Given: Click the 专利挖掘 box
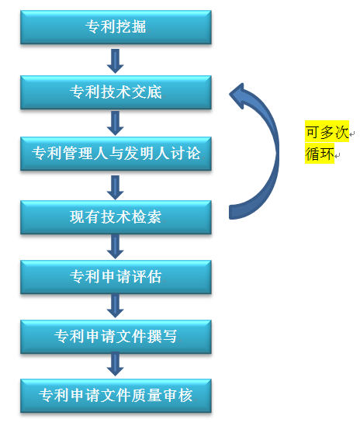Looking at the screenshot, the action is click(116, 27).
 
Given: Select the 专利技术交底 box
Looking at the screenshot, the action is click(116, 92).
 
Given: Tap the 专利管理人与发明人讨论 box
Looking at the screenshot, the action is click(116, 154).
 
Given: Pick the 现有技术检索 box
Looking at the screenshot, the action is click(116, 217).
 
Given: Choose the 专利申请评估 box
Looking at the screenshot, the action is click(116, 277).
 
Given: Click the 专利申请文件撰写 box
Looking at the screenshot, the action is click(116, 337).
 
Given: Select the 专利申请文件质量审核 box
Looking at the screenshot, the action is click(116, 396).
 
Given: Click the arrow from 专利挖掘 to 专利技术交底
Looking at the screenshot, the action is click(115, 61).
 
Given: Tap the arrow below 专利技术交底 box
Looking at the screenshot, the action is click(115, 123).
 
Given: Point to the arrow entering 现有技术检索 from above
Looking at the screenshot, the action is click(115, 188).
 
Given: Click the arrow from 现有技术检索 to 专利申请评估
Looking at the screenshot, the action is click(115, 247).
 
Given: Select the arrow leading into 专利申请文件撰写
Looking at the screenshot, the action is click(115, 306).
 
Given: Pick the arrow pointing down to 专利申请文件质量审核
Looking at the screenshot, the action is click(115, 364).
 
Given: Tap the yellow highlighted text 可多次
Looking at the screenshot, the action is click(327, 131).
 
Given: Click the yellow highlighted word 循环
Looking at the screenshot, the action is click(320, 154).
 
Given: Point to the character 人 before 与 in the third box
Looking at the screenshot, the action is click(101, 153).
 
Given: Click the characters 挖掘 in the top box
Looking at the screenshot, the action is click(131, 27).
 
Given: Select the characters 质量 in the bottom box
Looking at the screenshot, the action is click(147, 395).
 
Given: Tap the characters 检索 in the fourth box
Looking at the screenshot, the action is click(147, 216).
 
